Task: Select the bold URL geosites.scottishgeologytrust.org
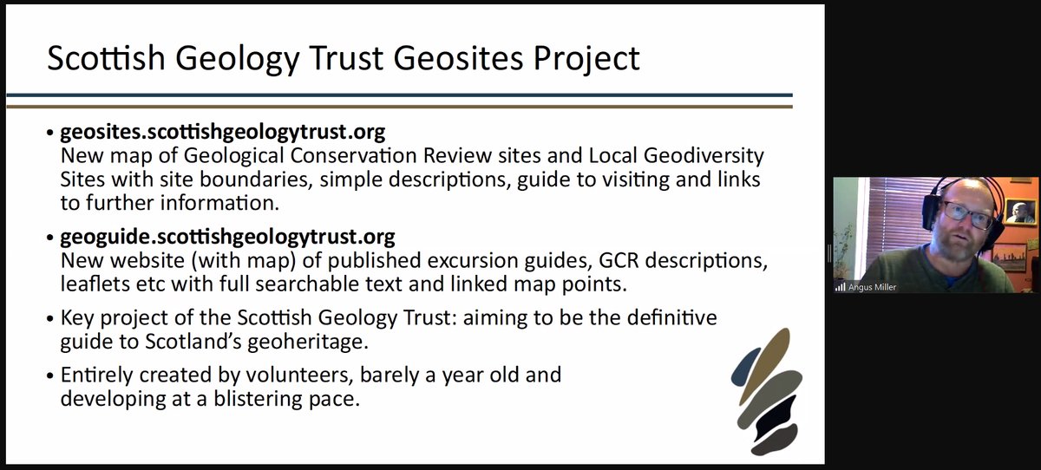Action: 222,133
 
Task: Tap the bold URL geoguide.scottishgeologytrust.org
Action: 227,236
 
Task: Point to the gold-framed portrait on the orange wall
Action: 1020,212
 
